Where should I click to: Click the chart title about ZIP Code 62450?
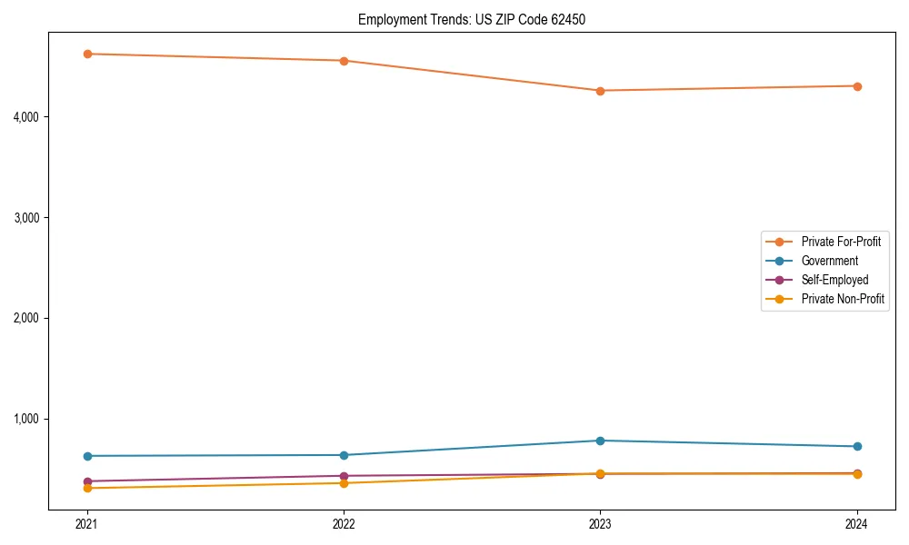pyautogui.click(x=471, y=19)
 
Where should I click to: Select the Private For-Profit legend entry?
pyautogui.click(x=841, y=242)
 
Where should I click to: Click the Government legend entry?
pyautogui.click(x=829, y=261)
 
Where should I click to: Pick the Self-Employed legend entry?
pyautogui.click(x=834, y=280)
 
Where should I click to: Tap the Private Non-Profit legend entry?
pyautogui.click(x=843, y=299)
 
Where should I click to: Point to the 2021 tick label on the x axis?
pyautogui.click(x=87, y=524)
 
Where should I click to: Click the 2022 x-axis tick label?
pyautogui.click(x=344, y=524)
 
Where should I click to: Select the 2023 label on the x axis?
pyautogui.click(x=600, y=524)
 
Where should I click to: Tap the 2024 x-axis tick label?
pyautogui.click(x=857, y=524)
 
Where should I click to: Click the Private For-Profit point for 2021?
pyautogui.click(x=87, y=54)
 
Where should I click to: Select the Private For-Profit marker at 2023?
pyautogui.click(x=600, y=91)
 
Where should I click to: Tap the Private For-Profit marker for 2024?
pyautogui.click(x=857, y=86)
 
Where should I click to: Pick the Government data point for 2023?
pyautogui.click(x=600, y=441)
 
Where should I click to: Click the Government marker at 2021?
pyautogui.click(x=87, y=456)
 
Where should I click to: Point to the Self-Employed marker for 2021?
pyautogui.click(x=87, y=481)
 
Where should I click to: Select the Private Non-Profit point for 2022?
pyautogui.click(x=344, y=483)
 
